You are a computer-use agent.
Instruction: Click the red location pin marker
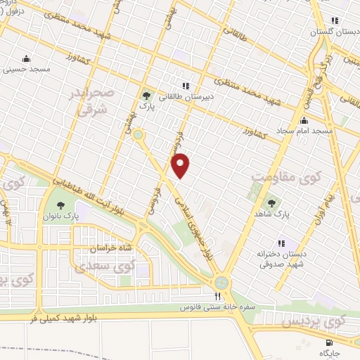click(x=181, y=165)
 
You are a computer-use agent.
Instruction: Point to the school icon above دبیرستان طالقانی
click(x=186, y=86)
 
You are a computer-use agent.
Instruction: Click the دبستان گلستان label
click(x=332, y=32)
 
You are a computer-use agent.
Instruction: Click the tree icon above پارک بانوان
click(x=60, y=207)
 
